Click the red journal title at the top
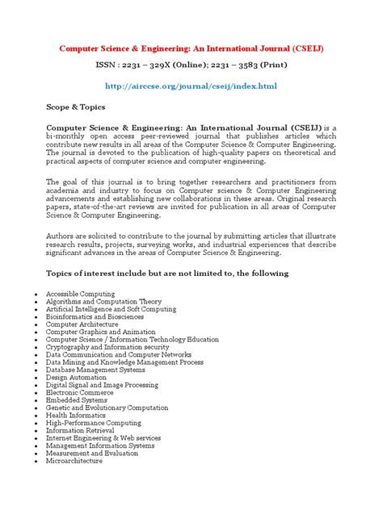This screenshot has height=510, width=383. coord(191,48)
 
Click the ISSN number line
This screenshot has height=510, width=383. coord(191,66)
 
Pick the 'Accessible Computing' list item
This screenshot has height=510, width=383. coord(80,294)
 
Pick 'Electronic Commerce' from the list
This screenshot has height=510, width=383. coord(80,392)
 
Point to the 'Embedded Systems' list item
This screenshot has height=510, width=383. coord(76,399)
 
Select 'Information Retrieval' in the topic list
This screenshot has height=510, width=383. coord(82,430)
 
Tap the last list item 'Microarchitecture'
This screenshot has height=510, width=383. coord(74,461)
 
